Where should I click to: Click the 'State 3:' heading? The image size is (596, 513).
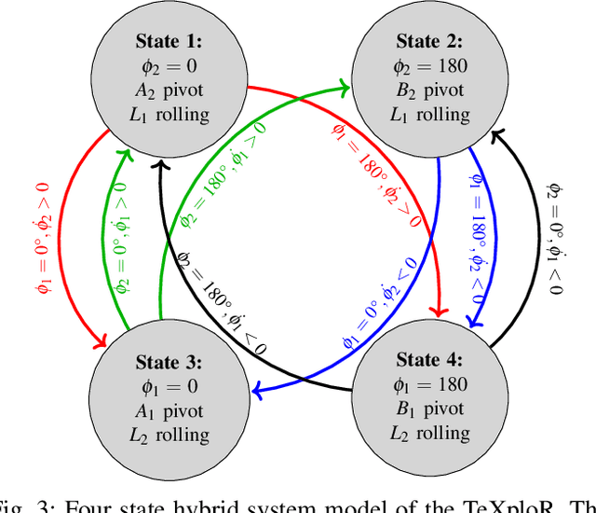pyautogui.click(x=171, y=361)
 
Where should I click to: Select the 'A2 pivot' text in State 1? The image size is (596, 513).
pyautogui.click(x=171, y=90)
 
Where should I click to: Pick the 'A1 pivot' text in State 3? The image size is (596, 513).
pyautogui.click(x=171, y=410)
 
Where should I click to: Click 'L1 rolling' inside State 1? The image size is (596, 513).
pyautogui.click(x=171, y=115)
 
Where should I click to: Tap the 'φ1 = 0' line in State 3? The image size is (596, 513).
pyautogui.click(x=171, y=385)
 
